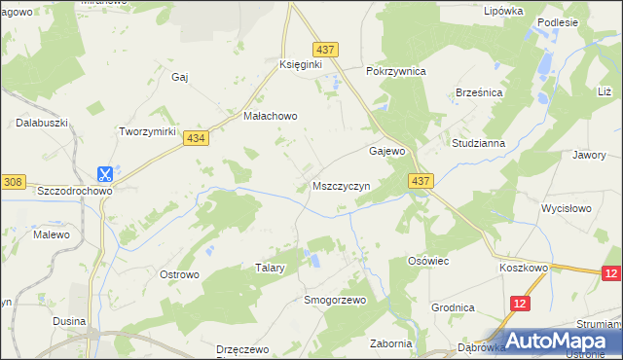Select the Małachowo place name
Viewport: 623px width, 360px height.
pos(270,115)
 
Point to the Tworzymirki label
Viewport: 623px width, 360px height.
pos(146,131)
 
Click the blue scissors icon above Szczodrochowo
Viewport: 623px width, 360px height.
pos(104,174)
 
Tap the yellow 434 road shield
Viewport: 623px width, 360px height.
pos(197,139)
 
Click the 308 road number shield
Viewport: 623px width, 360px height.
pos(13,181)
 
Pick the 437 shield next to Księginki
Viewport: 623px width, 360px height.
pos(326,49)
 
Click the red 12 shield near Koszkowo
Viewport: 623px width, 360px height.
pos(610,274)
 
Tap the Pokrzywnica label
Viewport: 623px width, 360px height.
pos(396,72)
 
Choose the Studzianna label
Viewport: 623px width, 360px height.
pos(478,143)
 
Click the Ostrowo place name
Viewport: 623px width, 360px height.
pos(179,275)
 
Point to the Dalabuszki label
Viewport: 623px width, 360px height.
pos(40,124)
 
